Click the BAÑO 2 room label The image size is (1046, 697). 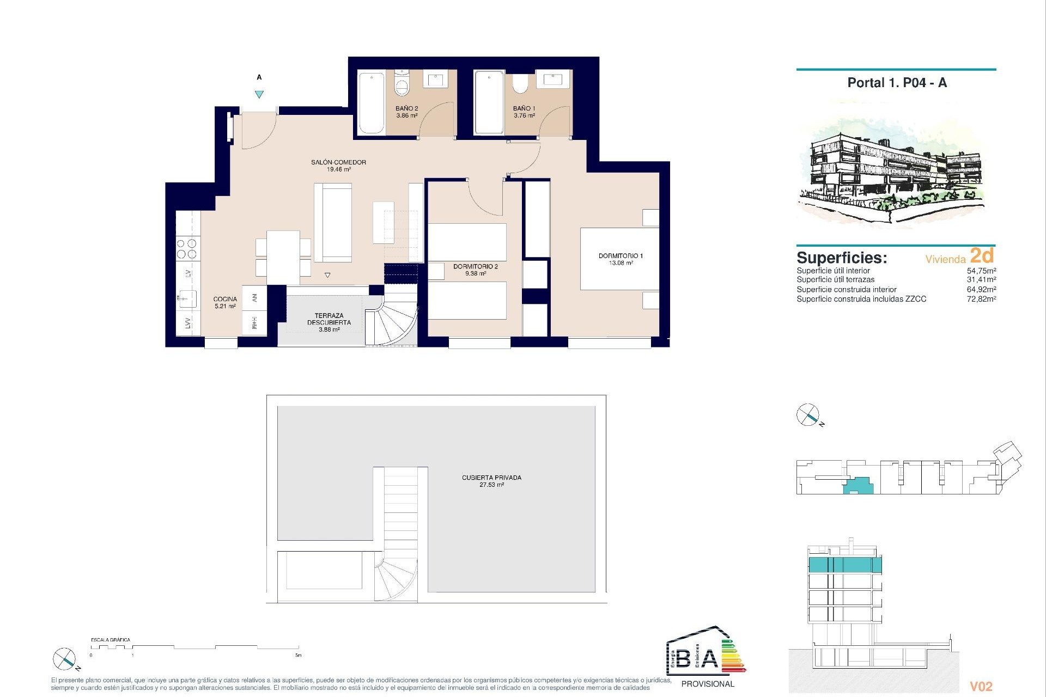pyautogui.click(x=406, y=108)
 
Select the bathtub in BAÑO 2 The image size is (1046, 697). pyautogui.click(x=372, y=102)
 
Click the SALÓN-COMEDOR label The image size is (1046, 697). pyautogui.click(x=338, y=162)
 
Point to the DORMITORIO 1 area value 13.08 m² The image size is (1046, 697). pyautogui.click(x=621, y=263)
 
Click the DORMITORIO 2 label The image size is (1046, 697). pyautogui.click(x=475, y=266)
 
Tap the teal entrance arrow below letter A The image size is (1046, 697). pyautogui.click(x=259, y=94)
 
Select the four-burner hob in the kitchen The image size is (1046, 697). pyautogui.click(x=187, y=248)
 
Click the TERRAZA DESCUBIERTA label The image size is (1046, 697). pyautogui.click(x=329, y=319)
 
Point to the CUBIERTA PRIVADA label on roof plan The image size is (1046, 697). pyautogui.click(x=491, y=478)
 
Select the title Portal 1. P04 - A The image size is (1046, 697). pyautogui.click(x=897, y=83)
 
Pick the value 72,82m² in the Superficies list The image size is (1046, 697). pyautogui.click(x=981, y=299)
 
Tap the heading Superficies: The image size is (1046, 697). pyautogui.click(x=841, y=258)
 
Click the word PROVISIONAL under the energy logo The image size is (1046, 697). pyautogui.click(x=708, y=684)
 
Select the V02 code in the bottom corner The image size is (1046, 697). pyautogui.click(x=981, y=687)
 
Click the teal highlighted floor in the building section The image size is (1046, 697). pyautogui.click(x=845, y=565)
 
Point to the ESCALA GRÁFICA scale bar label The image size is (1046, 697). pyautogui.click(x=111, y=640)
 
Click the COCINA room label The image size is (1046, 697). pyautogui.click(x=225, y=299)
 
